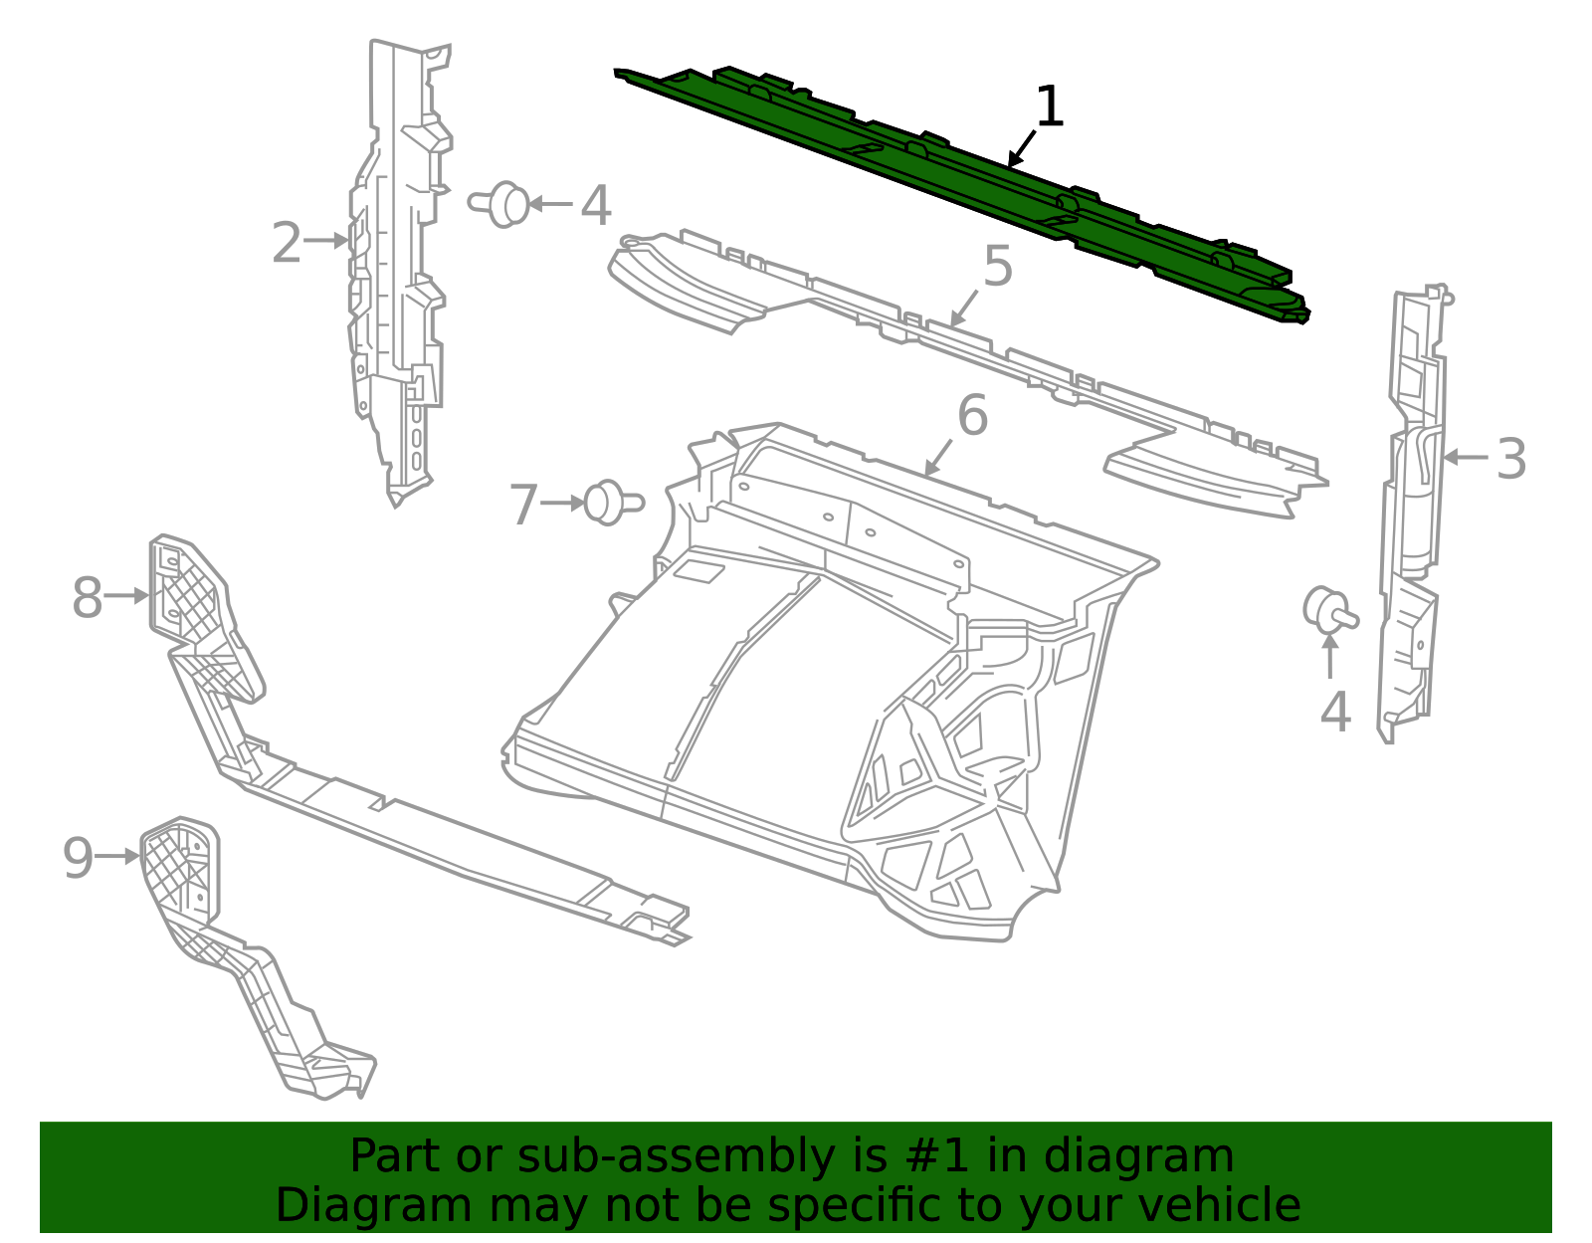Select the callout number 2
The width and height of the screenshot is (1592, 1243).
(x=287, y=243)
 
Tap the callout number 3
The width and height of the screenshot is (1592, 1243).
(x=1510, y=459)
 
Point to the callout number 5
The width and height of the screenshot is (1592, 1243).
(x=998, y=265)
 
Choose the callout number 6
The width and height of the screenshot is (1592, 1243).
(x=973, y=415)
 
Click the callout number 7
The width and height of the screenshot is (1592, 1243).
(x=524, y=505)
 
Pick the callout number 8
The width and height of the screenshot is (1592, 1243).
(x=88, y=598)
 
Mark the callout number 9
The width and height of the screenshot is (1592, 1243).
(x=78, y=858)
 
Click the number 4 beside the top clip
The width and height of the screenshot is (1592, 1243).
(x=596, y=206)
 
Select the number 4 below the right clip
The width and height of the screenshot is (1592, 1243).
(x=1335, y=712)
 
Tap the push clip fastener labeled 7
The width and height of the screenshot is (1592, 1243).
(x=614, y=503)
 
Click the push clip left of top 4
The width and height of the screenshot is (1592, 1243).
(x=498, y=204)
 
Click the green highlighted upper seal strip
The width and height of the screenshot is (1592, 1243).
(x=961, y=192)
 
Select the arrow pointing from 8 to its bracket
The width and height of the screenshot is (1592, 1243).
(x=126, y=595)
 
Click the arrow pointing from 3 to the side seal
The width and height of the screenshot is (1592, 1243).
(x=1466, y=457)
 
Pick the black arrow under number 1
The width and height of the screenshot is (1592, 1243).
(x=1022, y=148)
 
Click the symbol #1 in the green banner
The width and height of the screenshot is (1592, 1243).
(x=937, y=1155)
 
